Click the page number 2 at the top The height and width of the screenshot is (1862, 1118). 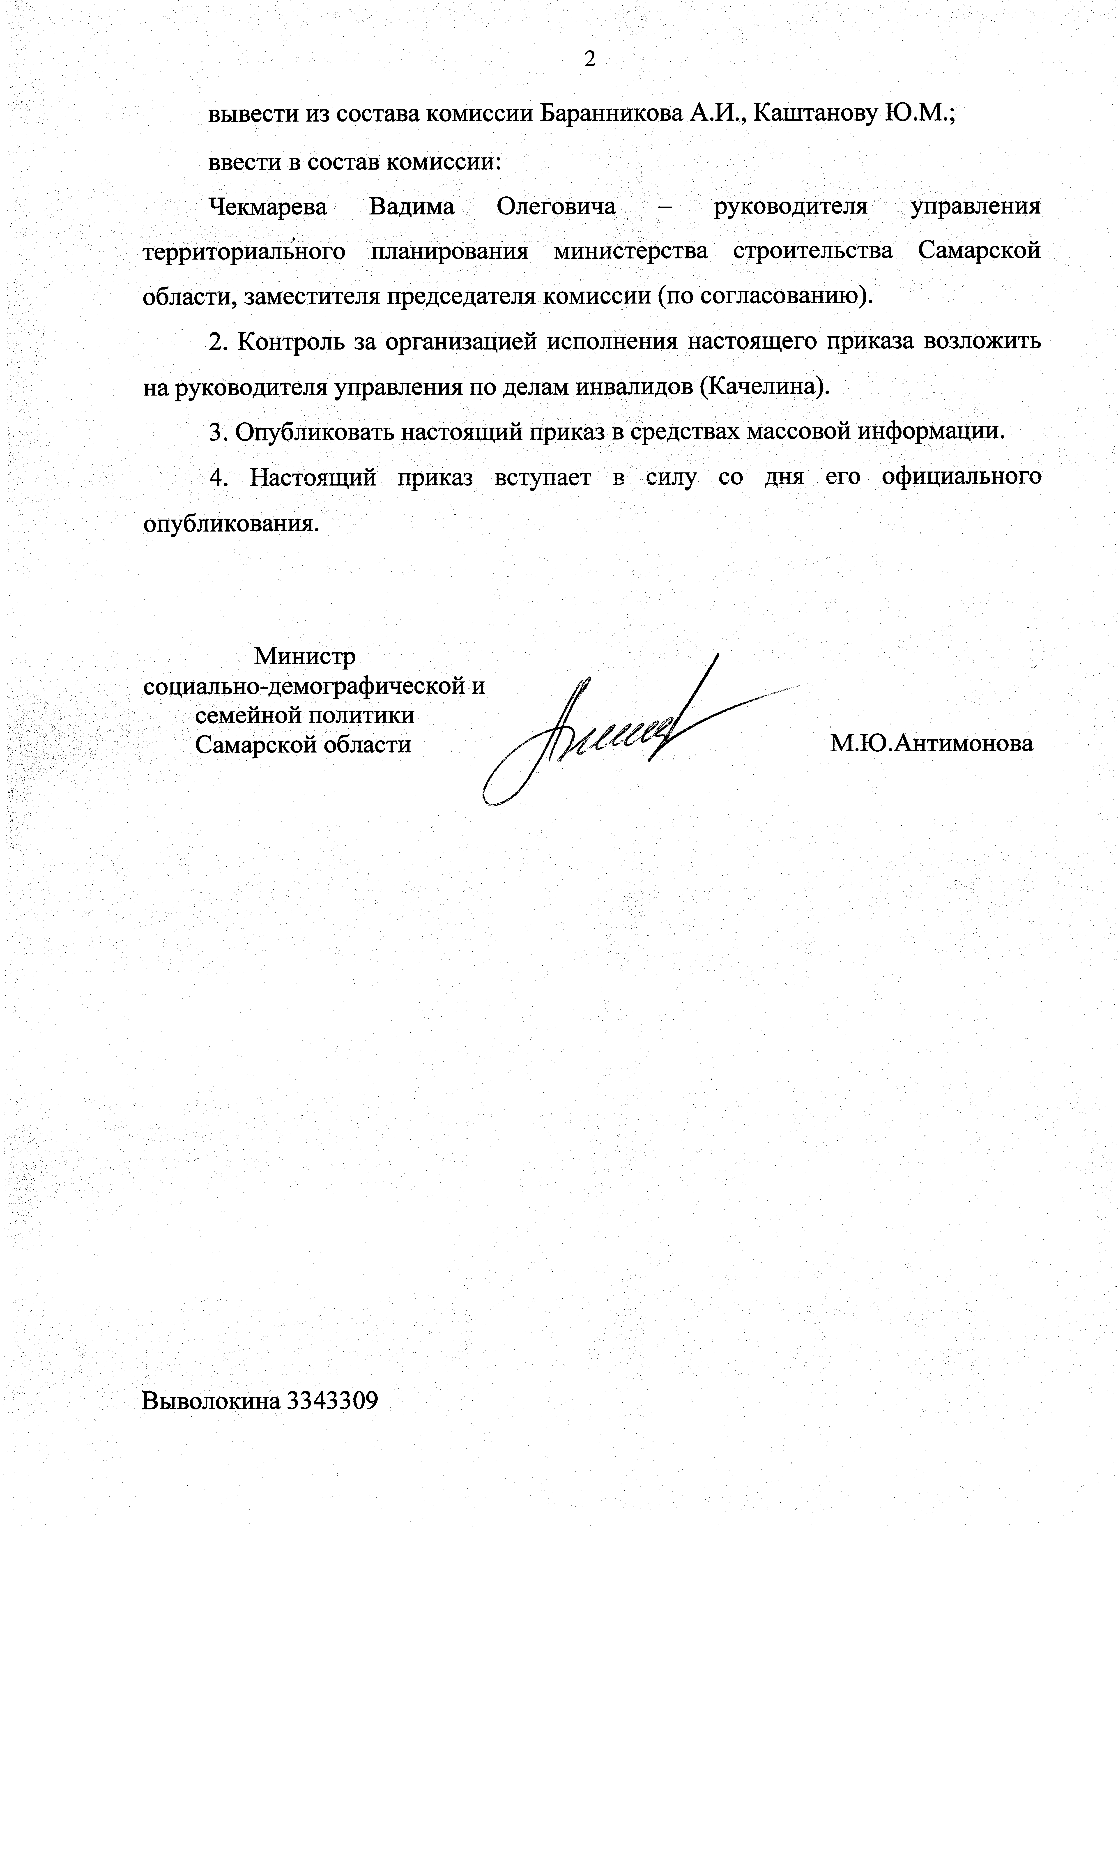pyautogui.click(x=590, y=59)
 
